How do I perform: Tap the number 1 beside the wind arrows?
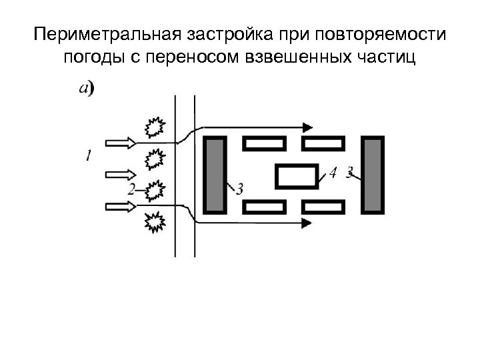(x=88, y=155)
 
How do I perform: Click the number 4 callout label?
(x=332, y=173)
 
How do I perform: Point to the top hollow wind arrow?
(x=121, y=142)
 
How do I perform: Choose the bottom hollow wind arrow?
(x=121, y=207)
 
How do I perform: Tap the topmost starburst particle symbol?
(x=155, y=127)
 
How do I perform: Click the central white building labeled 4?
(x=297, y=176)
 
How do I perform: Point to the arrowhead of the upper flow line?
(x=307, y=126)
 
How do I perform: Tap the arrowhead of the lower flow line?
(x=307, y=223)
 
